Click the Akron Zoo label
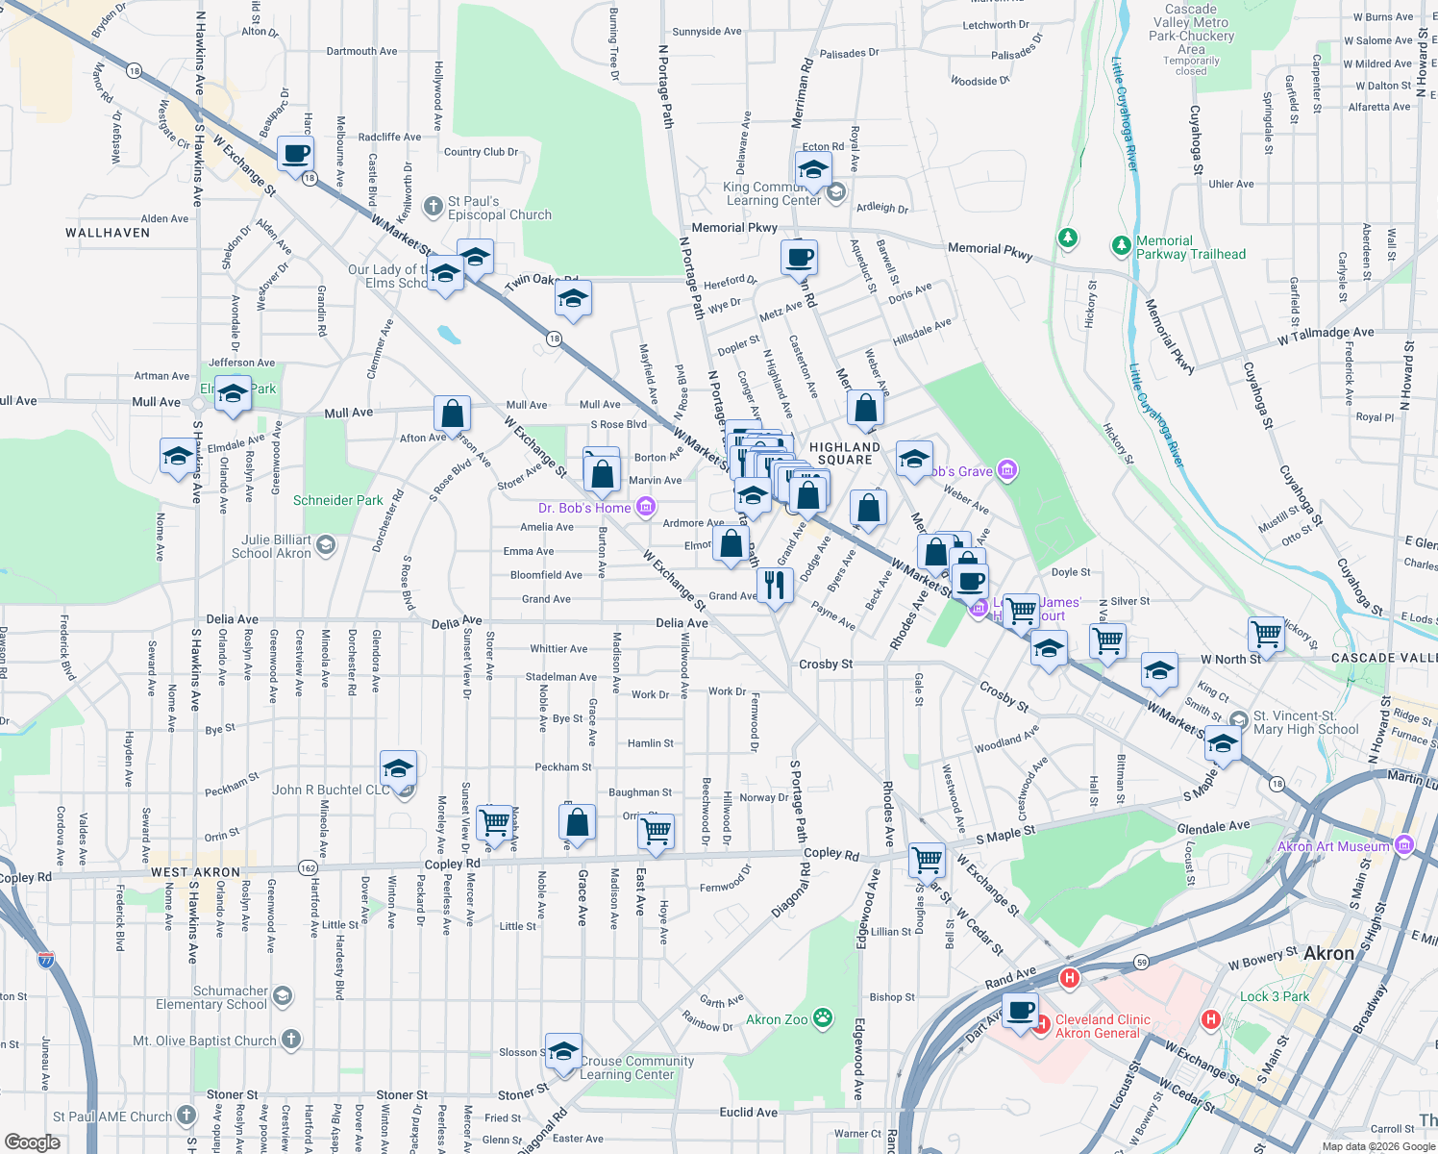click(x=777, y=1019)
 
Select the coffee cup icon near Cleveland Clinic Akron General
click(x=1020, y=1011)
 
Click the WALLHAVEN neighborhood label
click(x=108, y=233)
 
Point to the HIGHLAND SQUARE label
click(x=844, y=453)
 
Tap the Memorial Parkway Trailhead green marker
click(x=1121, y=246)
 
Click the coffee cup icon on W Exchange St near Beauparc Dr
click(x=295, y=153)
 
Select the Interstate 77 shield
click(x=45, y=959)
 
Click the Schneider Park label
click(x=337, y=500)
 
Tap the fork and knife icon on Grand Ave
click(x=775, y=584)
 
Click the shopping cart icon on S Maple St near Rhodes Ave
click(x=928, y=859)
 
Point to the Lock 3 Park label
click(x=1274, y=996)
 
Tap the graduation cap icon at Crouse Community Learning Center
click(x=563, y=1049)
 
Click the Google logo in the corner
click(x=32, y=1141)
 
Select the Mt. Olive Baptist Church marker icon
click(x=291, y=1040)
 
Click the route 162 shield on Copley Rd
click(x=308, y=866)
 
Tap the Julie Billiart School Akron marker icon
click(x=326, y=546)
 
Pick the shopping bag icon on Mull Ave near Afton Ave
click(x=452, y=414)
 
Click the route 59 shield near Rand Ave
click(x=1141, y=962)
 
